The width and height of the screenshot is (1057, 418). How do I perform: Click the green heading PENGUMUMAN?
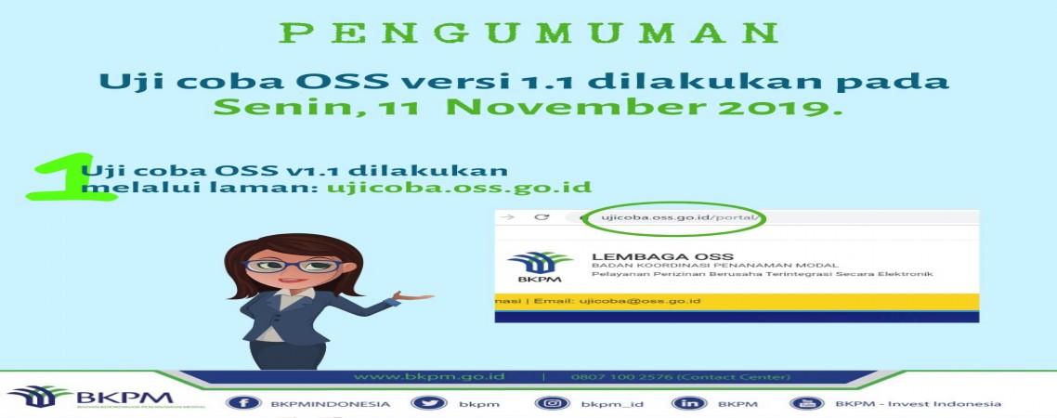coord(529,33)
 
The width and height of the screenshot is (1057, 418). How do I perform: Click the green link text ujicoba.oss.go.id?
coord(459,187)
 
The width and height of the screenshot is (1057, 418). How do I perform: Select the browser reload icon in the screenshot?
coord(542,217)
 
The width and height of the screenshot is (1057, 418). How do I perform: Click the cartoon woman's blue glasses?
coord(292,265)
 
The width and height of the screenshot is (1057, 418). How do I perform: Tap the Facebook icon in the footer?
coord(243,403)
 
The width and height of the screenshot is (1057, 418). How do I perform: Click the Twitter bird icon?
coord(429,403)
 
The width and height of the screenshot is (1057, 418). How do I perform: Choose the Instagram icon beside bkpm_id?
coord(552,403)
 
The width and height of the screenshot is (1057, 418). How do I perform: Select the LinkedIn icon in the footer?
coord(689,403)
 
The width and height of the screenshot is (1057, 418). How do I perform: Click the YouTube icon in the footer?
coord(807,403)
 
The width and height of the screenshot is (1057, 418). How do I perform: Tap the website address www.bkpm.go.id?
coord(429,376)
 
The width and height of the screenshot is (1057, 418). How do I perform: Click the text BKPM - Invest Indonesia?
coord(918,403)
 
